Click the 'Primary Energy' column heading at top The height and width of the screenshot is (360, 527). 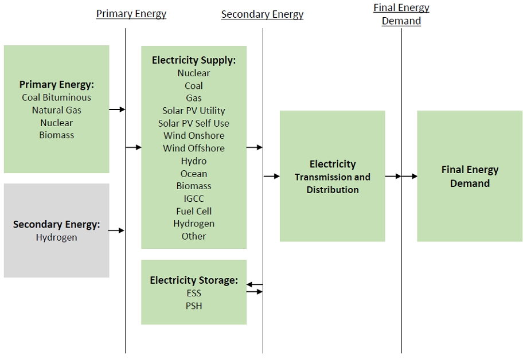(x=131, y=14)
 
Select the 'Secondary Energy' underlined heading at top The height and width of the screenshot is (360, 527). (x=262, y=15)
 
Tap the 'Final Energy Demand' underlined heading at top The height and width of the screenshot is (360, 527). (x=401, y=14)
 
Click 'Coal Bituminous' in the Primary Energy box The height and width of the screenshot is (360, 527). (x=56, y=97)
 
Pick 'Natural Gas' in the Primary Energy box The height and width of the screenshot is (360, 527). (x=56, y=110)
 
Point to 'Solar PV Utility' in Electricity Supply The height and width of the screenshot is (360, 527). (x=194, y=111)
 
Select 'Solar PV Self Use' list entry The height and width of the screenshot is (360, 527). (x=194, y=123)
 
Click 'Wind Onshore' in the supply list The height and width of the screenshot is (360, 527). (x=194, y=136)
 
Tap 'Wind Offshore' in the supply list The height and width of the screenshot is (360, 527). (x=194, y=148)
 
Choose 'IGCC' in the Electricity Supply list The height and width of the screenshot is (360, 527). (x=194, y=198)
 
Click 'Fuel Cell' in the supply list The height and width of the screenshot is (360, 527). (x=194, y=211)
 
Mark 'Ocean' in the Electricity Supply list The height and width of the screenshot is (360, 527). (x=194, y=174)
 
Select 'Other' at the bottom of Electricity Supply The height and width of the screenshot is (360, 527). (x=194, y=236)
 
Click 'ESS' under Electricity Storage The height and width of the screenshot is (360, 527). (x=194, y=294)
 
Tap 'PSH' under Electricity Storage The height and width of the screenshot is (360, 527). (x=194, y=306)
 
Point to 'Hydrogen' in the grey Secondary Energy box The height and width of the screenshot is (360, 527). (x=56, y=237)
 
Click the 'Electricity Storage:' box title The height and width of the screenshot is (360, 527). (x=194, y=280)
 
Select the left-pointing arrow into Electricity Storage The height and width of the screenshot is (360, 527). (x=254, y=284)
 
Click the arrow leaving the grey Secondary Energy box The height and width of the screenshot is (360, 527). (x=116, y=230)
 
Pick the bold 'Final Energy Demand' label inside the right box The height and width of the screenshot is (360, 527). (x=470, y=177)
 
